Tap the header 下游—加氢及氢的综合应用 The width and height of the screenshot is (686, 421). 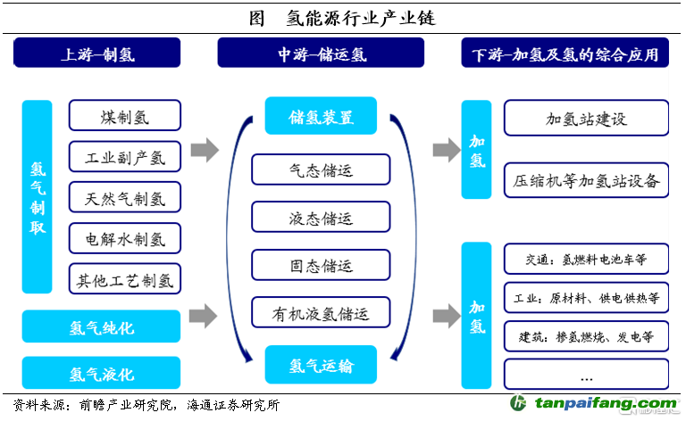pos(566,55)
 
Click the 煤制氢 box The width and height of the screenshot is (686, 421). pos(125,115)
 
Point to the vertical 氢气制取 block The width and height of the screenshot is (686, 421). pos(37,197)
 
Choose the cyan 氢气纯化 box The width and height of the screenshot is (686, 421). pos(101,327)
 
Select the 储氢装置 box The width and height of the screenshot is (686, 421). pos(321,117)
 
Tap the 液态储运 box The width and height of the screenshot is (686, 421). pos(321,218)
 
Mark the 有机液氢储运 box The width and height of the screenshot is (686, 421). pos(321,313)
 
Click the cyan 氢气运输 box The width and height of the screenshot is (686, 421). pos(321,364)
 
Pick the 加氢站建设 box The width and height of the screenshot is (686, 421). pos(586,118)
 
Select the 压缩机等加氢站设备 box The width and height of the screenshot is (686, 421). pos(586,180)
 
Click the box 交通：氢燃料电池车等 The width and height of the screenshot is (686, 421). pos(586,260)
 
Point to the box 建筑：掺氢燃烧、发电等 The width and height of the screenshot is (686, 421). pos(586,337)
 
